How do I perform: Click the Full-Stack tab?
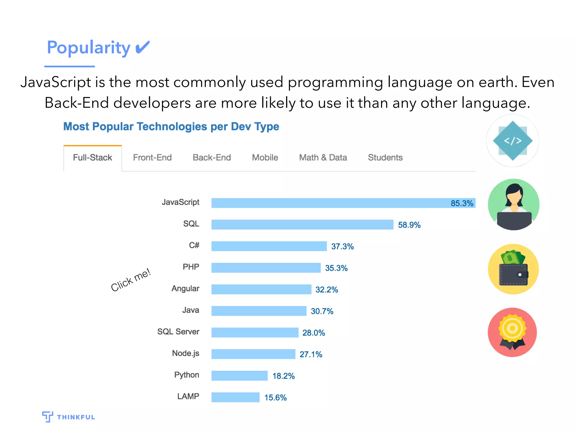pos(92,158)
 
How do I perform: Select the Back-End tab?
pos(212,158)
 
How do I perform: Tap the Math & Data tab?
pos(323,158)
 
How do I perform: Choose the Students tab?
pos(385,158)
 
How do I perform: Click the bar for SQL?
pos(302,224)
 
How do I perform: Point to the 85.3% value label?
pos(462,203)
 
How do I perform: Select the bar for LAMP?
pos(235,397)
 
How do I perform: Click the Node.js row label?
pos(186,353)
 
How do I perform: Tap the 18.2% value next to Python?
pos(284,376)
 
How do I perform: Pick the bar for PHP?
pos(266,268)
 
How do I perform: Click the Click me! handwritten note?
pos(131,280)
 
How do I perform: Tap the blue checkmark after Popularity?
pos(142,47)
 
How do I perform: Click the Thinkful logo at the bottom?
pos(69,417)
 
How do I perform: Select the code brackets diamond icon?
pos(513,141)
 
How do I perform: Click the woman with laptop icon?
pos(514,205)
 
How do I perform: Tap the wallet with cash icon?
pos(513,269)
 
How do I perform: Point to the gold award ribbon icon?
pos(512,332)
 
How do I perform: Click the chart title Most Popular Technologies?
pos(171,127)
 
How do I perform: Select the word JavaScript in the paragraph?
pos(56,82)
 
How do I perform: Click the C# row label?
pos(194,246)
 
